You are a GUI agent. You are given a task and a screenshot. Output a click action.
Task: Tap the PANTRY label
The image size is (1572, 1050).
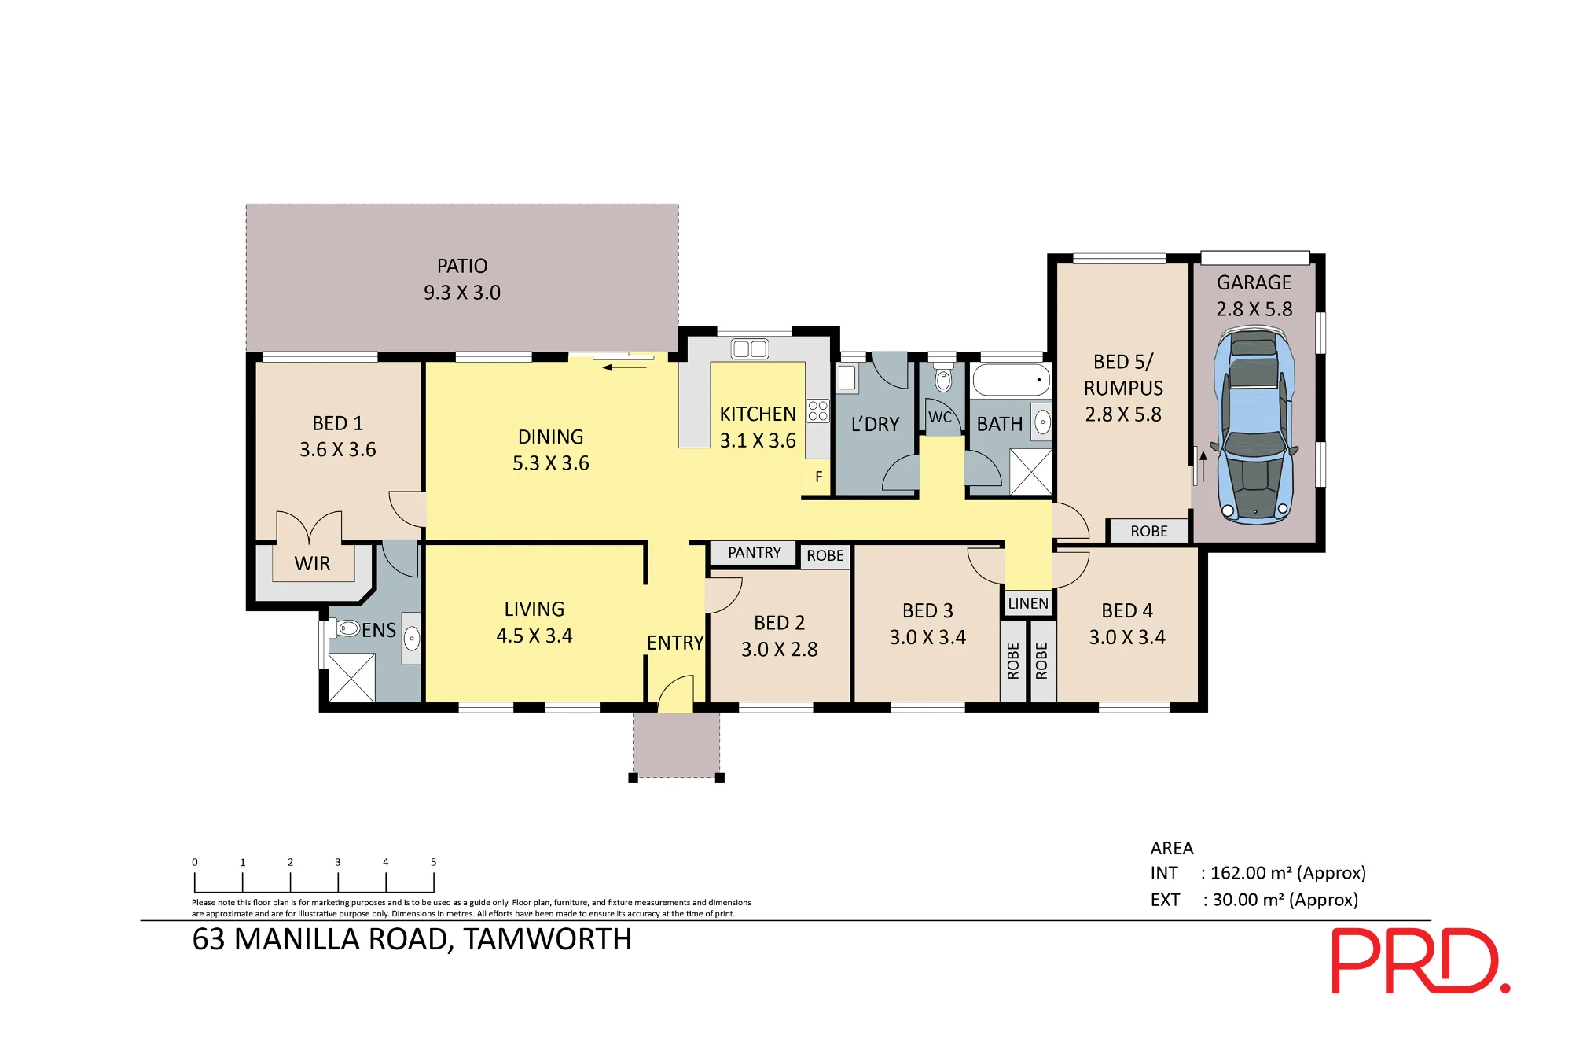click(x=755, y=553)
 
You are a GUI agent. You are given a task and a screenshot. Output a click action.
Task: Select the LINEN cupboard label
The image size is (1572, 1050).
click(x=1028, y=603)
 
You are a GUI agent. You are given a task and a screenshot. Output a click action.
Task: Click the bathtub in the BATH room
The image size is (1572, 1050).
click(x=1012, y=380)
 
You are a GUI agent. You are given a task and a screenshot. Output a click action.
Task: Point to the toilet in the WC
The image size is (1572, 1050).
click(x=943, y=378)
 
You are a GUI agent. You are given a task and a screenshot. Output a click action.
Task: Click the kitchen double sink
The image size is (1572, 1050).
click(x=750, y=348)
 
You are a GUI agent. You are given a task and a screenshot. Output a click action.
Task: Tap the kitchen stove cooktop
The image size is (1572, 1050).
click(x=817, y=411)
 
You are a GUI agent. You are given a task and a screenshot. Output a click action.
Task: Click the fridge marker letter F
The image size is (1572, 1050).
click(x=819, y=477)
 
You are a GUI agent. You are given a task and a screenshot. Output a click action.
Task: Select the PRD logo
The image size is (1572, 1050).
click(x=1420, y=961)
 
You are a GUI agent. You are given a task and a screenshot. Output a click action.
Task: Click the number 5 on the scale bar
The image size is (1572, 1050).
click(x=433, y=862)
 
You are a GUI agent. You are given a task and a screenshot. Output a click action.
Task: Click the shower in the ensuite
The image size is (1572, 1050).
click(x=351, y=678)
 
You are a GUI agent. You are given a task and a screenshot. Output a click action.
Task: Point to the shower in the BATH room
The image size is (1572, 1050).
click(x=1030, y=472)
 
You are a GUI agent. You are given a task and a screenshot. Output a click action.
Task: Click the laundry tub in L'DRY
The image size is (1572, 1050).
click(x=847, y=378)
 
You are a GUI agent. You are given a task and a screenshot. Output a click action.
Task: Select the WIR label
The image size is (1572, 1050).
click(x=312, y=564)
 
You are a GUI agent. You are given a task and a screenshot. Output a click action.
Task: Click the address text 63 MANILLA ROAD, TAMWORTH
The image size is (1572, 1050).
click(x=412, y=940)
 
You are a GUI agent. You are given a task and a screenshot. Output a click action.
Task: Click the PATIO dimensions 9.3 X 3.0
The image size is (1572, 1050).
click(x=462, y=293)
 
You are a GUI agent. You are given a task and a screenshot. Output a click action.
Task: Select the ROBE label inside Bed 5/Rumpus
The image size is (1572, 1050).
click(x=1149, y=532)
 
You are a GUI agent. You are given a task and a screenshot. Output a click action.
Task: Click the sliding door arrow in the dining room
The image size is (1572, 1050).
click(x=625, y=367)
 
